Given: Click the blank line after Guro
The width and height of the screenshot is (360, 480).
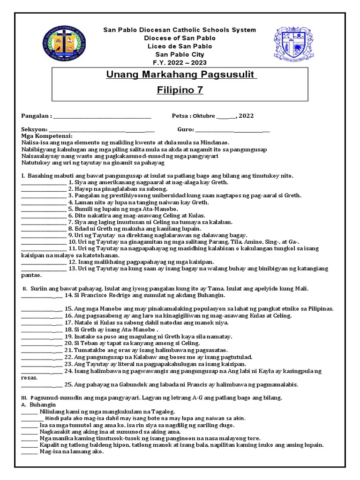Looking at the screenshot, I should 232,130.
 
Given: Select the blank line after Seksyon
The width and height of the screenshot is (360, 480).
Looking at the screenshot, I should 101,130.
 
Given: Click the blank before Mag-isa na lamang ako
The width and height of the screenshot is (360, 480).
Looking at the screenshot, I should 30,452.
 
